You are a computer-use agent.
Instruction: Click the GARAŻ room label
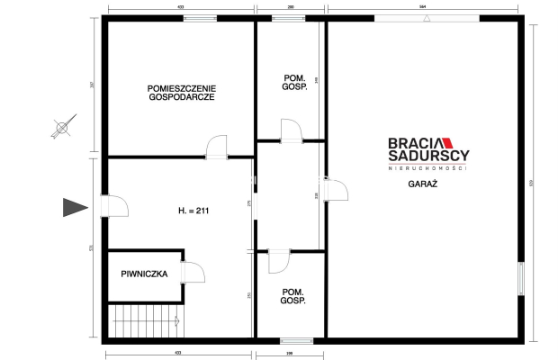pyautogui.click(x=421, y=183)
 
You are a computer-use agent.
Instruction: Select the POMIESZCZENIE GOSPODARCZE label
pyautogui.click(x=181, y=92)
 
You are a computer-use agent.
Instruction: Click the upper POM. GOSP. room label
pyautogui.click(x=291, y=83)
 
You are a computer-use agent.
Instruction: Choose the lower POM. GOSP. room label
pyautogui.click(x=291, y=295)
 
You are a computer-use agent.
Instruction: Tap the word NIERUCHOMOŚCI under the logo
pyautogui.click(x=427, y=168)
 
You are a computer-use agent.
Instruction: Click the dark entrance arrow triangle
pyautogui.click(x=74, y=208)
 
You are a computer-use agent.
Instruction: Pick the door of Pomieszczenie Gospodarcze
pyautogui.click(x=218, y=148)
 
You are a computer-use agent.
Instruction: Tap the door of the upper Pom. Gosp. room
pyautogui.click(x=291, y=132)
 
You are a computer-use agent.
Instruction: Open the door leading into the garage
pyautogui.click(x=335, y=190)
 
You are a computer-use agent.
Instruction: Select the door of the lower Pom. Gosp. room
pyautogui.click(x=278, y=261)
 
